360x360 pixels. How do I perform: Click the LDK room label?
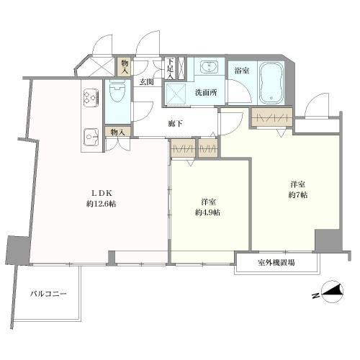click(99, 192)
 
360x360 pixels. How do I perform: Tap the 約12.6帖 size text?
click(99, 204)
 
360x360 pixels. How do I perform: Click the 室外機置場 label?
click(276, 262)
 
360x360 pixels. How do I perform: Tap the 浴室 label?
click(241, 71)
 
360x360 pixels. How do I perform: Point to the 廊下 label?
click(175, 124)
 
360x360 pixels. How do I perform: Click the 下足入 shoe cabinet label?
click(170, 68)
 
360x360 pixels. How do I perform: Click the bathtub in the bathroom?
click(271, 81)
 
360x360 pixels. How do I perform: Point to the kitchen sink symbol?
click(91, 135)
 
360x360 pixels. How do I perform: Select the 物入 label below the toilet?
click(115, 132)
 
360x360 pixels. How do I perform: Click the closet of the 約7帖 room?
click(271, 118)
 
